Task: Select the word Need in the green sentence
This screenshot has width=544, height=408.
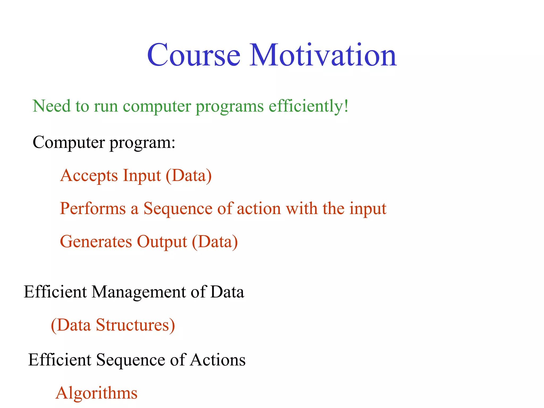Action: (52, 106)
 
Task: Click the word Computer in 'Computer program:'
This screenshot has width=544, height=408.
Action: (69, 143)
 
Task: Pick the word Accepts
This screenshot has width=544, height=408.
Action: (89, 176)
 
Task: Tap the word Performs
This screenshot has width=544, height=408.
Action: (93, 209)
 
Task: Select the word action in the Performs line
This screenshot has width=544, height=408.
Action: (259, 209)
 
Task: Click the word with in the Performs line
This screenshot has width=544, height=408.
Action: (301, 209)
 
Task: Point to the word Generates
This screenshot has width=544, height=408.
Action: (96, 242)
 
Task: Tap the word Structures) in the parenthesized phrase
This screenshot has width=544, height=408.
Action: (135, 325)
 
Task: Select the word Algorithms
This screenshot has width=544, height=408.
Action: (96, 393)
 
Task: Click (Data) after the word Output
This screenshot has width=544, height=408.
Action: (215, 242)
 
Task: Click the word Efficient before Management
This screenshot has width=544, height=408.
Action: (55, 292)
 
